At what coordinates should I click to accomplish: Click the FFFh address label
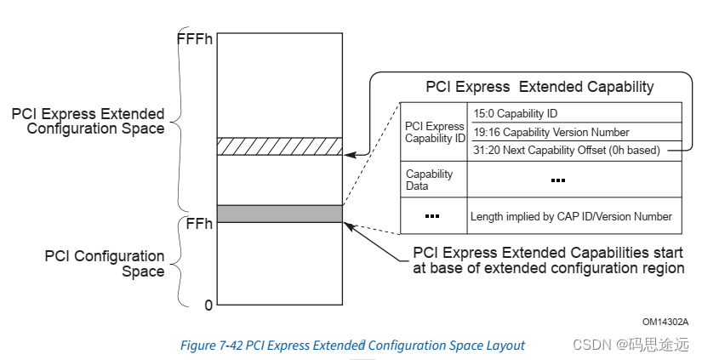click(195, 38)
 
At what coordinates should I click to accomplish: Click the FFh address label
click(198, 224)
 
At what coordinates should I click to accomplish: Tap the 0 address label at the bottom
click(208, 305)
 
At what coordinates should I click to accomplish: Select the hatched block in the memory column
click(280, 146)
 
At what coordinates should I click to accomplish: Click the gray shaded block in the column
click(280, 213)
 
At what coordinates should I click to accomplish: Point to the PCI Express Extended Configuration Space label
click(89, 121)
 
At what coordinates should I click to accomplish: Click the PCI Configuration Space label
click(105, 264)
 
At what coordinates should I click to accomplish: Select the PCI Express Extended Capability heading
click(539, 87)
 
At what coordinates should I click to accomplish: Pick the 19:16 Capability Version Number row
click(551, 132)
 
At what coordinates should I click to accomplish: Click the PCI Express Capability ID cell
click(435, 133)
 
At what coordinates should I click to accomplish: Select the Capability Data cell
click(429, 180)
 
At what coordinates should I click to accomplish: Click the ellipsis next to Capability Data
click(558, 180)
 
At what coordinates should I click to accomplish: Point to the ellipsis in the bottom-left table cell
click(432, 216)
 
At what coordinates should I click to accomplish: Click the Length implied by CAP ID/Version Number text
click(571, 217)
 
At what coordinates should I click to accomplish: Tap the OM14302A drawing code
click(665, 321)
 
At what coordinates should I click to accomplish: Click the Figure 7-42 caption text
click(352, 346)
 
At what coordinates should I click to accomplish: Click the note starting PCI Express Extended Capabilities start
click(549, 260)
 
